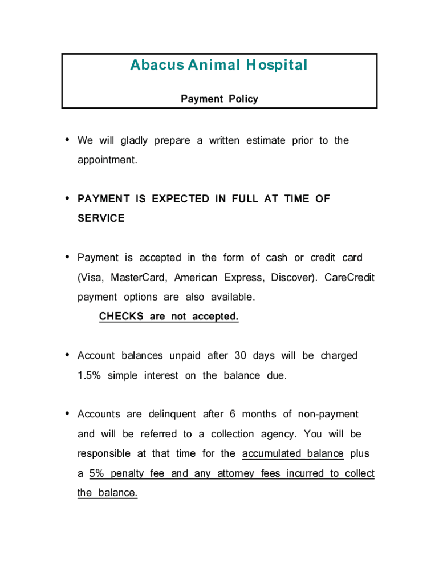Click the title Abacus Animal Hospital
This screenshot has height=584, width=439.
click(219, 66)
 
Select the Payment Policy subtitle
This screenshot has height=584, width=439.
click(219, 99)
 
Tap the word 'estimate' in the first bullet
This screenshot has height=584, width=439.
click(266, 141)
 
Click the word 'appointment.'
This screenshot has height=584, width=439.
click(108, 160)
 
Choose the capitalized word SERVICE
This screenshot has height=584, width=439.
click(101, 218)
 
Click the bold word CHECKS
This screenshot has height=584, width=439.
click(121, 317)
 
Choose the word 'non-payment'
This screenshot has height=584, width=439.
click(330, 415)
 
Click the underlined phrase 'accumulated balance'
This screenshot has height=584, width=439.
click(293, 454)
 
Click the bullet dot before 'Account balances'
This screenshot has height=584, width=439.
click(68, 355)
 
